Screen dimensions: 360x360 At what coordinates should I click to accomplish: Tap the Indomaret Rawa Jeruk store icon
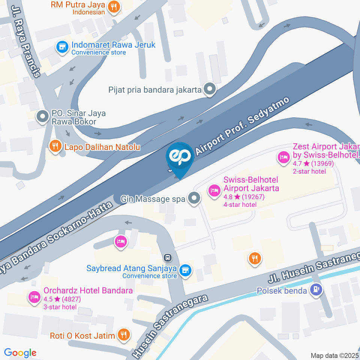coord(61,47)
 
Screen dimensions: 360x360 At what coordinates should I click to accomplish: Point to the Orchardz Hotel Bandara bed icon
coord(34,296)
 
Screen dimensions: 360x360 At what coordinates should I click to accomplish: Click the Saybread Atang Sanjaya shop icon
coord(184,270)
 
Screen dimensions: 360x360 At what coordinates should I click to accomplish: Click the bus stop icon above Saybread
coord(168,258)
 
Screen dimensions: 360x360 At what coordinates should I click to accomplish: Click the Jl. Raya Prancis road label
coord(26,41)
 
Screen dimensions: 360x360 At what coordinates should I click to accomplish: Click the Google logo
coord(20,352)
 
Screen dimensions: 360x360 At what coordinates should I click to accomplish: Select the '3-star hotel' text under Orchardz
coord(60,307)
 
